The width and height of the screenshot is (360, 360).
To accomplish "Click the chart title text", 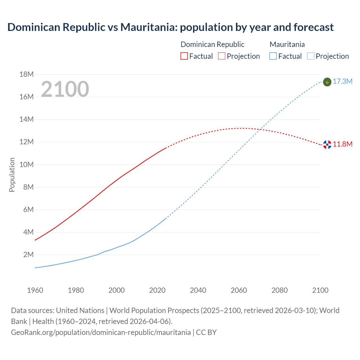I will [170, 27].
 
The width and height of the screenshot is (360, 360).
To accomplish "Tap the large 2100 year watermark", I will [65, 89].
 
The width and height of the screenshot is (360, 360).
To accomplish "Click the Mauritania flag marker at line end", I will [327, 82].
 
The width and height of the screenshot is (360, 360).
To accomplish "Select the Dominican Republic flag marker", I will [327, 144].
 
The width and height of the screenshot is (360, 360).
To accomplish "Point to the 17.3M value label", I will [342, 81].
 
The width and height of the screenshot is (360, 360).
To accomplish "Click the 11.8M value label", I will [342, 144].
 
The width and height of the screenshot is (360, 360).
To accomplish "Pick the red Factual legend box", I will [184, 56].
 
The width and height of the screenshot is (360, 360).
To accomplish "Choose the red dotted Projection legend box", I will [222, 56].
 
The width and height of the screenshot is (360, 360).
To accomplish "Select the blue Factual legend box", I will [273, 56].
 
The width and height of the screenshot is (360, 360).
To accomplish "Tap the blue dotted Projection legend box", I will [310, 56].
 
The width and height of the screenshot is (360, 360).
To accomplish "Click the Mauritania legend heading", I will [287, 44].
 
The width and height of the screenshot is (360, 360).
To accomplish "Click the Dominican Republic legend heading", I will [212, 44].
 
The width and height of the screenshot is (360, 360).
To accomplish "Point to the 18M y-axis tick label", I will [26, 74].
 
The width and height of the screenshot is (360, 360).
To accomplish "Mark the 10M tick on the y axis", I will [26, 165].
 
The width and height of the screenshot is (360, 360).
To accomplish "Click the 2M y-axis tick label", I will [28, 255].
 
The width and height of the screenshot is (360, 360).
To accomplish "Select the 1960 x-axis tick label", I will [35, 290].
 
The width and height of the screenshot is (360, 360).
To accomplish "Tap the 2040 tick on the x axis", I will [198, 290].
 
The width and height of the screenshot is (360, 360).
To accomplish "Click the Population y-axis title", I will [12, 175].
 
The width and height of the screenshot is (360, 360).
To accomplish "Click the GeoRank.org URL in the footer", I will [101, 332].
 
